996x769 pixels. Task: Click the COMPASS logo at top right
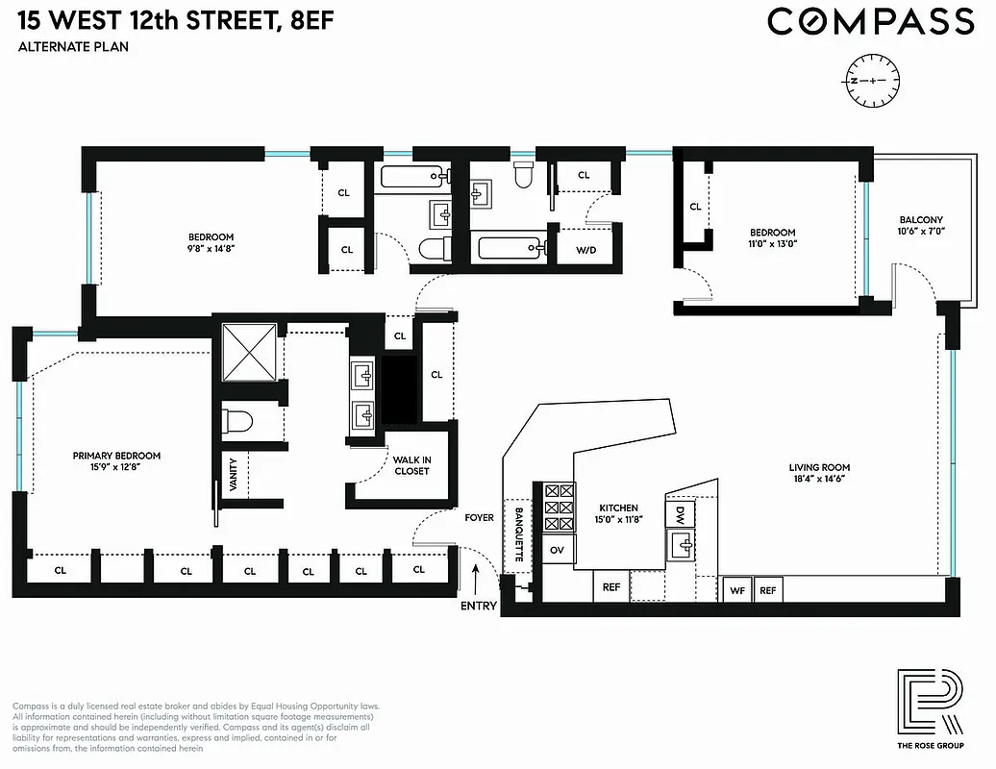tap(870, 21)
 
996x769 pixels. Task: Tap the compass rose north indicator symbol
tap(872, 80)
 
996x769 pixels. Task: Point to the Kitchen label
tap(618, 508)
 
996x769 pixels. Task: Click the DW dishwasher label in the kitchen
tap(679, 512)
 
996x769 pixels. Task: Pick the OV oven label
tap(557, 550)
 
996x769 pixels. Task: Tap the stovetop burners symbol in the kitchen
tap(557, 509)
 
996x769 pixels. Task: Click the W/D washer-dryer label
tap(585, 250)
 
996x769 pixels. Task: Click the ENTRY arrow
tap(478, 581)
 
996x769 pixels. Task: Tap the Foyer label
tap(479, 518)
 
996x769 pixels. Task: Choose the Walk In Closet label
tap(411, 465)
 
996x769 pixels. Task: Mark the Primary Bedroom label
tap(117, 456)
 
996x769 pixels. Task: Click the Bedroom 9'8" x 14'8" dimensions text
tap(211, 248)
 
